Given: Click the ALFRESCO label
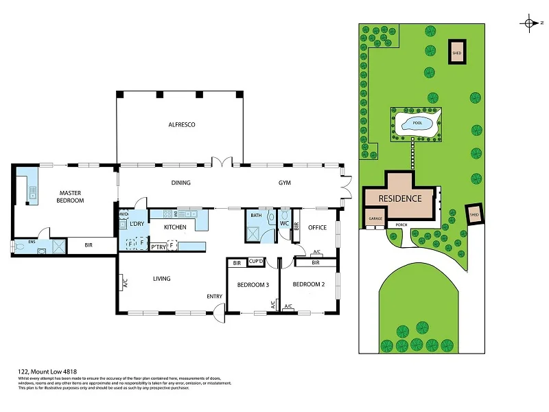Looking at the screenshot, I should tap(183, 124).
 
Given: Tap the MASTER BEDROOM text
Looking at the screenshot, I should tap(71, 196).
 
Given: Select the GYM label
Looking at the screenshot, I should tap(285, 183).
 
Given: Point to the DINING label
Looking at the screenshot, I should tap(180, 183).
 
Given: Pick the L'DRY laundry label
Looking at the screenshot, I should tap(137, 225).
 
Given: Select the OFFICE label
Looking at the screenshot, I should tap(317, 227).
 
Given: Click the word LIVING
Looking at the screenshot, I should tap(161, 278).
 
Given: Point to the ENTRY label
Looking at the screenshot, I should tap(215, 297).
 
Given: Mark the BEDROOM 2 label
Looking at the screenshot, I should tap(307, 284).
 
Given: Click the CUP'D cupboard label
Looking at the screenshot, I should tap(257, 262).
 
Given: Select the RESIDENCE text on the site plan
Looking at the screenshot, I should tap(400, 198).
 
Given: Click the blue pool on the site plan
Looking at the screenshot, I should tap(415, 124).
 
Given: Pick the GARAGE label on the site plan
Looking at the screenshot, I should tap(375, 218).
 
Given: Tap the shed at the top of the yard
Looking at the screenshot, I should tap(456, 52).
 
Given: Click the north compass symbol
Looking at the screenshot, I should tap(531, 23).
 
